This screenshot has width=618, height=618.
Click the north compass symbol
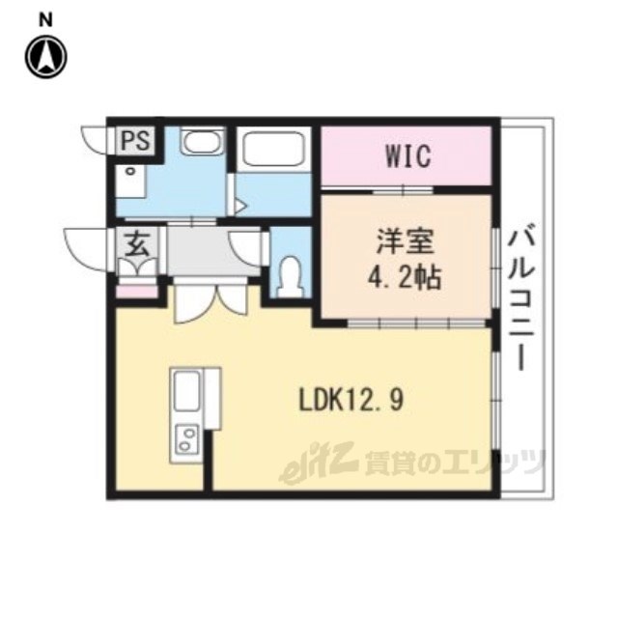(x=46, y=57)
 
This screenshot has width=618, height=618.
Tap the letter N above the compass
(x=46, y=19)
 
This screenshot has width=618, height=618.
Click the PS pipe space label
(x=135, y=140)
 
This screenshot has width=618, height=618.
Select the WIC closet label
(x=407, y=156)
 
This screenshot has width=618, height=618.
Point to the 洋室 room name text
(x=406, y=241)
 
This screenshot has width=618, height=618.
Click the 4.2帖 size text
(x=405, y=278)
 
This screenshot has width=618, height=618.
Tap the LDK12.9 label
(x=351, y=400)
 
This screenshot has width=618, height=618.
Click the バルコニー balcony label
(x=520, y=296)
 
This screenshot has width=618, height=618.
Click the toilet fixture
(x=291, y=277)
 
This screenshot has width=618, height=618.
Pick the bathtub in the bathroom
(x=274, y=150)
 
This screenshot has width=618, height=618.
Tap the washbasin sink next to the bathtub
(x=203, y=141)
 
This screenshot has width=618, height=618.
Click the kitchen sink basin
(x=186, y=391)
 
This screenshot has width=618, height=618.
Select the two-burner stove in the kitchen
(x=186, y=438)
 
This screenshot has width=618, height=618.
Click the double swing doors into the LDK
(x=211, y=301)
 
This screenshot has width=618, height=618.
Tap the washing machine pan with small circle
(x=131, y=182)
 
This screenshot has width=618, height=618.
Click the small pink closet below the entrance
(x=137, y=292)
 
